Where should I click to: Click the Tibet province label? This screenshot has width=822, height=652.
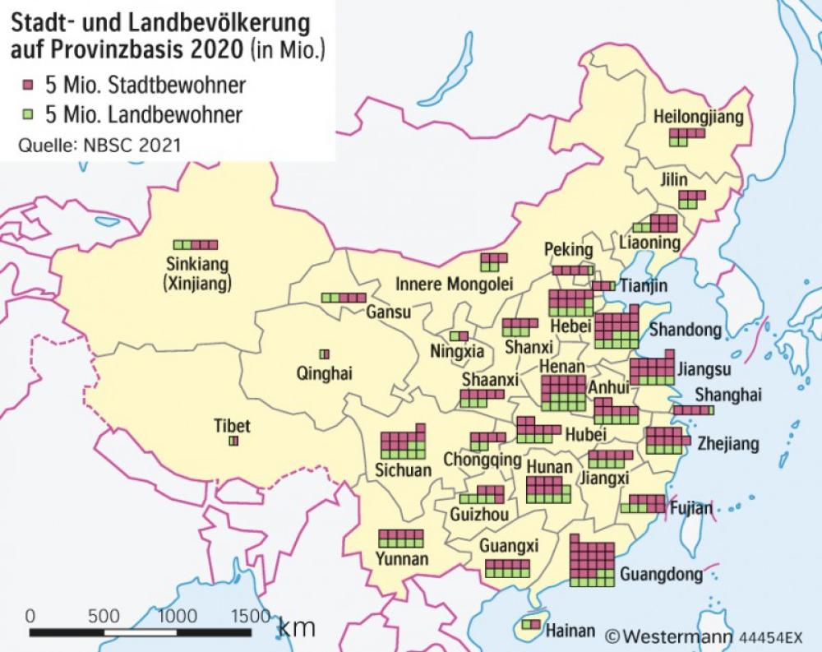coord(232,426)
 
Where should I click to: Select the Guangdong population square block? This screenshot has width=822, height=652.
coord(592,561)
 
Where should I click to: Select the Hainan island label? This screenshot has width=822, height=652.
coord(570,631)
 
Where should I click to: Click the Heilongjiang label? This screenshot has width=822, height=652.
coord(698,118)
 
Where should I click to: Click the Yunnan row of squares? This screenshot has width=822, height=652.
coord(400,539)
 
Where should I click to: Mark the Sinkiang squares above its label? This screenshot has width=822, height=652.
coord(196,244)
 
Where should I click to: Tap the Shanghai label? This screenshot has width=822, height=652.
coord(727,395)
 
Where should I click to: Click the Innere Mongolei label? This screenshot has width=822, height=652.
coord(455,284)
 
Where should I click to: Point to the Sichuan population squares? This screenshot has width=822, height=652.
coord(403,443)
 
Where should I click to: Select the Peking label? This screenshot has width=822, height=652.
coord(568,250)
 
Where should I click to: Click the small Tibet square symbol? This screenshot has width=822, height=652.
coord(233,442)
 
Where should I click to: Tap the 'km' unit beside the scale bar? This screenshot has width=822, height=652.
coord(297,627)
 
